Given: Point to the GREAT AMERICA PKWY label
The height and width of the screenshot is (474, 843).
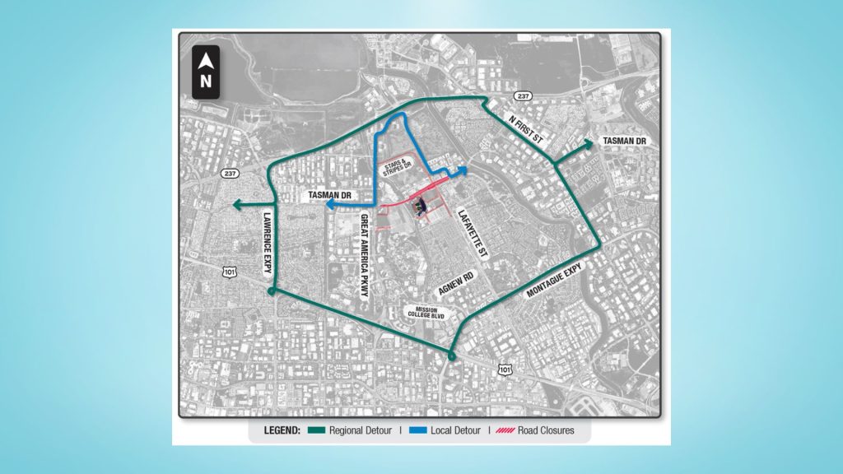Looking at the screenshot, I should (x=364, y=254).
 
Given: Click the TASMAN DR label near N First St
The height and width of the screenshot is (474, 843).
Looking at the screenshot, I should (x=625, y=141).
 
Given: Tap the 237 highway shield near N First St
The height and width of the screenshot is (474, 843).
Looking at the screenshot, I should (x=526, y=97).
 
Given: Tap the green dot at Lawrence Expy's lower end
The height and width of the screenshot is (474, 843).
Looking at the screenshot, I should (x=272, y=292).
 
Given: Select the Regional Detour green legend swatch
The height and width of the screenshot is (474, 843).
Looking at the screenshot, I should (x=315, y=430).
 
